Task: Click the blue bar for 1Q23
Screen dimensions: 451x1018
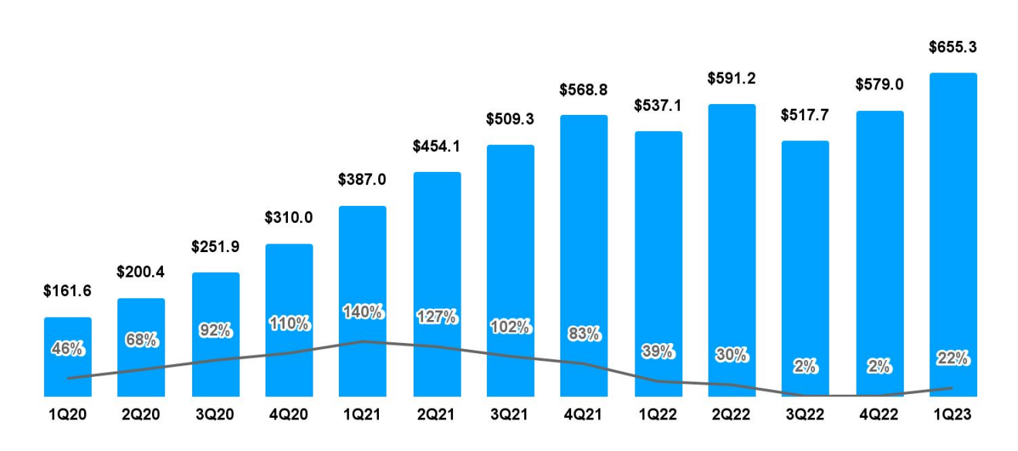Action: pos(953,231)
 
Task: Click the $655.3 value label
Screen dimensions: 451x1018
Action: pos(953,48)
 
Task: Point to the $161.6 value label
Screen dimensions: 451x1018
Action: pos(68,291)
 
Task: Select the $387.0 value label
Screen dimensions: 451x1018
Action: pos(362,180)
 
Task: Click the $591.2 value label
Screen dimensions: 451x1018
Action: pos(732,79)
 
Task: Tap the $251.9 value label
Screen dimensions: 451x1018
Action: pos(215,247)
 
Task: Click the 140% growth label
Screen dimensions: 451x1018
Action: pos(363,312)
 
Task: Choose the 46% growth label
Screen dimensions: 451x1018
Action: pos(68,349)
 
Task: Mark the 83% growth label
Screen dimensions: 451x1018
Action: pos(584,334)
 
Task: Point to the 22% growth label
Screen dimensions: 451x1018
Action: pos(954,358)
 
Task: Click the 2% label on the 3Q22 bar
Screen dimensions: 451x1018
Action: pos(805,367)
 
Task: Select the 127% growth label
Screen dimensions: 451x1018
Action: pos(437,317)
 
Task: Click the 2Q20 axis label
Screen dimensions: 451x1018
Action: pos(141,416)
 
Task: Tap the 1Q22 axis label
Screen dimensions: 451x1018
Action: pos(658,416)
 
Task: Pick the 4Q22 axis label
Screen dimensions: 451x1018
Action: pos(880,416)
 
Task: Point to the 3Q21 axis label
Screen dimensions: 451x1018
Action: pos(510,416)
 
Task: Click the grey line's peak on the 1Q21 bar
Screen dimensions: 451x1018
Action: pos(363,342)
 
